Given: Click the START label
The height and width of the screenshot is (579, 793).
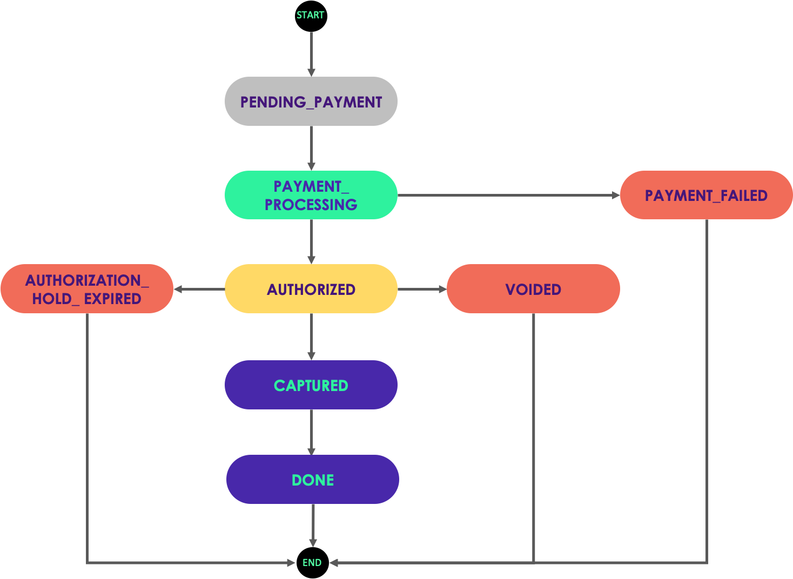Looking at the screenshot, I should tap(310, 15).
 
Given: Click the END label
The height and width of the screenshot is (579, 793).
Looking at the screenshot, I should tap(312, 563).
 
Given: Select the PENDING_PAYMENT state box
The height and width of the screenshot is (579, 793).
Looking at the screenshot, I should tap(311, 102).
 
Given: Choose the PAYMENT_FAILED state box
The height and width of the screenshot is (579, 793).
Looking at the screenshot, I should tap(706, 195).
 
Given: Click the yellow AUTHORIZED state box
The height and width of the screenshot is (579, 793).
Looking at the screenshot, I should tap(311, 289).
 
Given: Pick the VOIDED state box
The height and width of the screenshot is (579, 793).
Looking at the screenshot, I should tap(533, 289).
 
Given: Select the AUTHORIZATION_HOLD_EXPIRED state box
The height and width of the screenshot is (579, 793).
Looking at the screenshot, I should tap(86, 289).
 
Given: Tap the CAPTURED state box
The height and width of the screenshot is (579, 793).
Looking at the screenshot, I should tap(311, 385).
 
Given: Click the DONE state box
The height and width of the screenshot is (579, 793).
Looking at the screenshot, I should tap(312, 480).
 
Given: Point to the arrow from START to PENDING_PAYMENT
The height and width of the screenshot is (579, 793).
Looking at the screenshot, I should tap(311, 54).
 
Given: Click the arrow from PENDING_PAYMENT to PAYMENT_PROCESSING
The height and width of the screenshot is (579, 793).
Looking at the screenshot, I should tap(311, 148).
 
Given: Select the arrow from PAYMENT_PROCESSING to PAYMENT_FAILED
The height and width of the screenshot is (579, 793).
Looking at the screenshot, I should tap(508, 195).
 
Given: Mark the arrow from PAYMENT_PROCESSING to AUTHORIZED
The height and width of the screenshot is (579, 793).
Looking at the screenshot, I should tap(311, 241).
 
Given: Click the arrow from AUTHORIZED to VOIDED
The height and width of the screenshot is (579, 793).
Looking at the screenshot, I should tap(422, 289).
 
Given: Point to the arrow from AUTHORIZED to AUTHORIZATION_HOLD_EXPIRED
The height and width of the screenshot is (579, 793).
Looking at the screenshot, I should tap(199, 289).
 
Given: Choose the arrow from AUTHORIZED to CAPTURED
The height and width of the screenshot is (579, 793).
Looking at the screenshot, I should tap(311, 336).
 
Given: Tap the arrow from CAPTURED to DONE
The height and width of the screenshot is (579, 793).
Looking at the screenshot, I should tap(311, 432).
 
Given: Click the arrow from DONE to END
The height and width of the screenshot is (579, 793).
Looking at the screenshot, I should tap(313, 525).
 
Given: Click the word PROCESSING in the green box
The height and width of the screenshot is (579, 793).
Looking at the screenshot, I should tap(311, 205).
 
